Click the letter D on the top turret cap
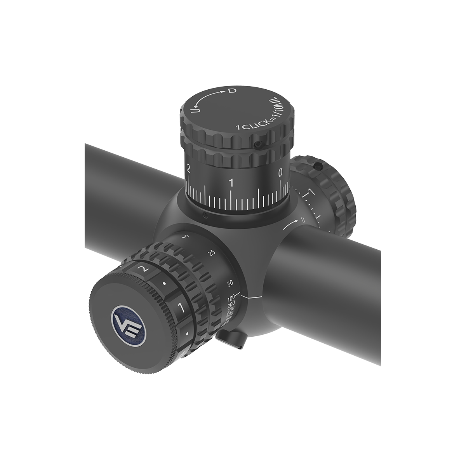(x=232, y=91)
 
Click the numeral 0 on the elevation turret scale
(x=281, y=174)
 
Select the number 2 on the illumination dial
(x=144, y=269)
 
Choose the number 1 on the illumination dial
(x=179, y=308)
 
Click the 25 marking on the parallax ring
(x=212, y=253)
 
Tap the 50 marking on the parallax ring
(x=230, y=283)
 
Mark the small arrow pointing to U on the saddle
(x=289, y=224)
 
